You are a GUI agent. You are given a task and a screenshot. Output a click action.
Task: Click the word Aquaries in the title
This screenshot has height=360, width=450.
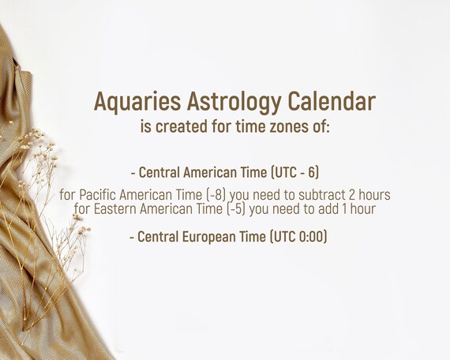[x=137, y=102]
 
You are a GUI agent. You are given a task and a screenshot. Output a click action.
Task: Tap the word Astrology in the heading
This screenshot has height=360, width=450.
[x=234, y=102]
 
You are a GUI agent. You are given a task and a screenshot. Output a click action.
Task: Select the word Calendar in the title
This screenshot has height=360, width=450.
[x=332, y=101]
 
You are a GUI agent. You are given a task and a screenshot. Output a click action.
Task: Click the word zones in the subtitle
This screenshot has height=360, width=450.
[x=287, y=126]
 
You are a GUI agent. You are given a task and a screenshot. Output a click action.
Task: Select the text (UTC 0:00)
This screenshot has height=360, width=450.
[x=298, y=237]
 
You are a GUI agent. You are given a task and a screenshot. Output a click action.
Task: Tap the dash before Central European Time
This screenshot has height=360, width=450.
[x=132, y=238]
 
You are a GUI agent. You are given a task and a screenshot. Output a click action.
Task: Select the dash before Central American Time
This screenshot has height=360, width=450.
[x=133, y=174]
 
